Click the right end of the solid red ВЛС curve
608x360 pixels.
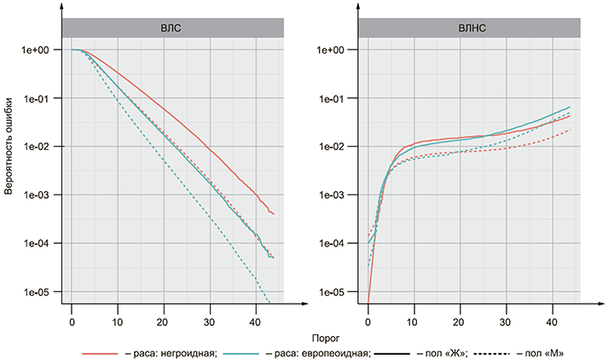click(273, 213)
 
